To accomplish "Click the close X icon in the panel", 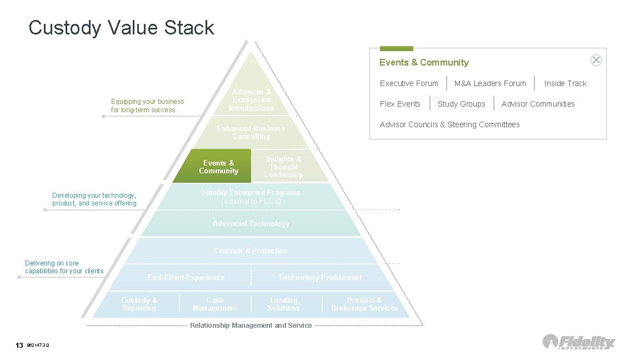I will point(596,61).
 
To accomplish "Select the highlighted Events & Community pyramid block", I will point(218,167).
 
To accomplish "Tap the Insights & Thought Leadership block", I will point(283,167).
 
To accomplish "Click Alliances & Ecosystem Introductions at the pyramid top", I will point(252,100).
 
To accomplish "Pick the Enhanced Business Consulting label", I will point(251,132).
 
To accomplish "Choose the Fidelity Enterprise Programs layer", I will point(251,197).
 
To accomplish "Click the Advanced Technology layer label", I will point(251,223).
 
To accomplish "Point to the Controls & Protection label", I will point(251,251).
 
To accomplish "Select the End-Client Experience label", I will point(186,277).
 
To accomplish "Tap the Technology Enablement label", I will point(319,277).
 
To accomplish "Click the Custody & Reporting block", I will point(139,304).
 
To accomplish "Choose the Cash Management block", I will point(214,304).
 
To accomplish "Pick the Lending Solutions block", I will point(283,304).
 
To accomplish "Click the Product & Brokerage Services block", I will point(364,304).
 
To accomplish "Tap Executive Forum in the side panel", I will point(409,83).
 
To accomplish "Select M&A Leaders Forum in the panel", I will point(490,83).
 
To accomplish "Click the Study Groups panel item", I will point(461,104).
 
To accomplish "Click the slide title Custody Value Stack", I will point(121,27).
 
